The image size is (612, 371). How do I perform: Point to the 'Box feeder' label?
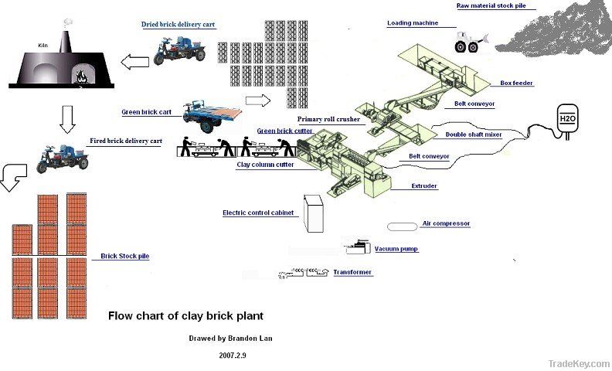[x=516, y=83]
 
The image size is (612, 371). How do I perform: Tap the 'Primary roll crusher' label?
[x=330, y=120]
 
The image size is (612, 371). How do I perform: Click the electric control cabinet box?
[x=313, y=213]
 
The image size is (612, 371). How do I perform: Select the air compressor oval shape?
[x=400, y=226]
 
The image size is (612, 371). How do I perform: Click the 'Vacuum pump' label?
[x=396, y=250]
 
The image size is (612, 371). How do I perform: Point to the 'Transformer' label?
[x=352, y=272]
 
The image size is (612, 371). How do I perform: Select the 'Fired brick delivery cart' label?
[x=126, y=141]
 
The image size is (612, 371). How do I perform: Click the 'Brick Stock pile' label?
[x=124, y=256]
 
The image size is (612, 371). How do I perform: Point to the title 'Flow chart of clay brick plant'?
[x=185, y=315]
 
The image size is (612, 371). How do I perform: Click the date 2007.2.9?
[x=233, y=355]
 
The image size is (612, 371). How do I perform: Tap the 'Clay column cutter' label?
[x=264, y=164]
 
